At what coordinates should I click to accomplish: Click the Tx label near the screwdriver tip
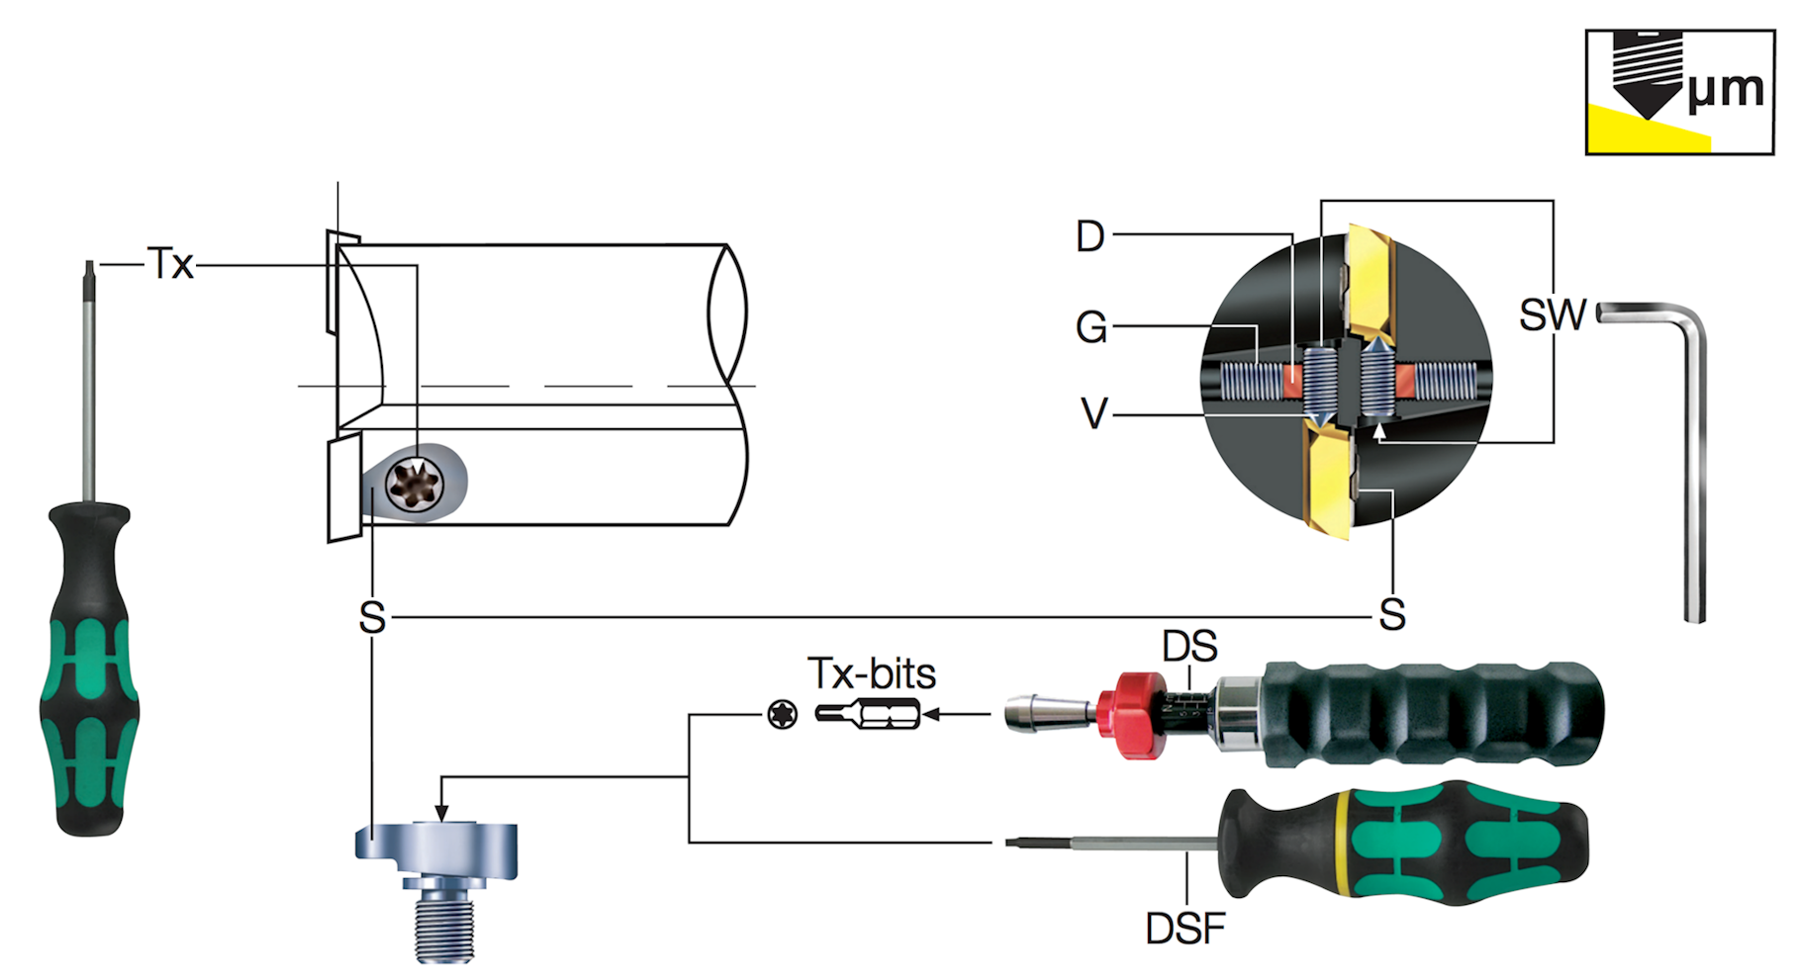(170, 264)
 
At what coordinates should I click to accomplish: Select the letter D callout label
(1089, 236)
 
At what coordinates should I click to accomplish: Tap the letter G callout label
(1090, 326)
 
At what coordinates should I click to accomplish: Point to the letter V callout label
(1094, 413)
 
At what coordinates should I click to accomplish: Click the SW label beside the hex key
(1552, 315)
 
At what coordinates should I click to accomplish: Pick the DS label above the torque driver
(1189, 647)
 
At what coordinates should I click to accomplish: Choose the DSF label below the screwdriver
(1184, 929)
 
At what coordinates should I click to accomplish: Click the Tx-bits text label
(871, 673)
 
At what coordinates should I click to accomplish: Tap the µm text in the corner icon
(1725, 89)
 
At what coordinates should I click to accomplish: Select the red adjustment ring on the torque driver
(1134, 715)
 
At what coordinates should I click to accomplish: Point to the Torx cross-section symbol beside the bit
(782, 714)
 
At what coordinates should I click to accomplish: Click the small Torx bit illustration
(868, 713)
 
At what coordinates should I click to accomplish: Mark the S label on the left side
(372, 617)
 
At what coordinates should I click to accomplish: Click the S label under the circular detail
(1392, 615)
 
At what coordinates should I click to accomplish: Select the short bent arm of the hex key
(1643, 313)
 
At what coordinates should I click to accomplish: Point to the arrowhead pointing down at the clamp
(442, 813)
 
